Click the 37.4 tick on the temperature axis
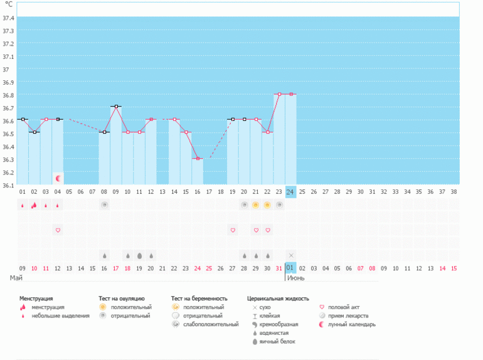8,17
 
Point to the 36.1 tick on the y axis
8,185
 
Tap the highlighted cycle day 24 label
290,191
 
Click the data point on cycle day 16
198,159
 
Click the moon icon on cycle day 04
58,179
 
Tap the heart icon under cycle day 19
233,230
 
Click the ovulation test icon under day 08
104,205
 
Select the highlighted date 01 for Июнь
290,268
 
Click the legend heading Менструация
36,299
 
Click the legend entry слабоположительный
210,324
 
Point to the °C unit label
8,4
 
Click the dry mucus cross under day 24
291,255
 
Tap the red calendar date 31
279,268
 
